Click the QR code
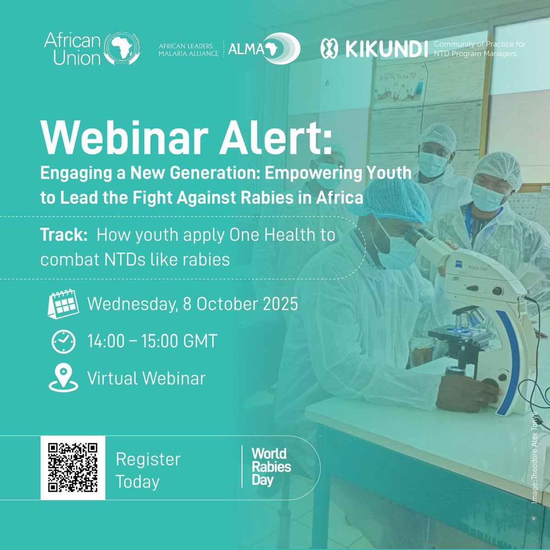point(73,467)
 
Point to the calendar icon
point(63,303)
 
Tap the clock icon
point(63,341)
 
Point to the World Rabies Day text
point(271,467)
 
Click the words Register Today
point(148,470)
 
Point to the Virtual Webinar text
point(146,379)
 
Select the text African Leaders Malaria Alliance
point(185,50)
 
